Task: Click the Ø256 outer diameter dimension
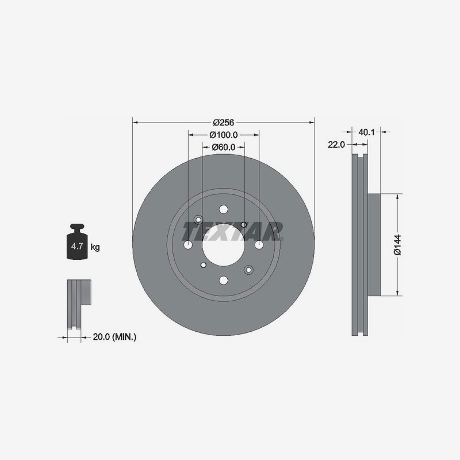pyautogui.click(x=223, y=122)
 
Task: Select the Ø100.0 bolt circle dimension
pyautogui.click(x=223, y=135)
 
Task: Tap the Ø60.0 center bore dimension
pyautogui.click(x=223, y=147)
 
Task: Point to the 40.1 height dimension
pyautogui.click(x=366, y=132)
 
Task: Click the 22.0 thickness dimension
pyautogui.click(x=336, y=145)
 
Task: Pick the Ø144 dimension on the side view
pyautogui.click(x=397, y=245)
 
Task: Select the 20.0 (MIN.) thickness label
pyautogui.click(x=114, y=337)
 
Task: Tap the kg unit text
pyautogui.click(x=95, y=247)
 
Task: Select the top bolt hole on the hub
pyautogui.click(x=223, y=210)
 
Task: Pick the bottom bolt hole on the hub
pyautogui.click(x=223, y=281)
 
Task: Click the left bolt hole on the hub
pyautogui.click(x=188, y=245)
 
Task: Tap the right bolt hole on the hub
pyautogui.click(x=259, y=245)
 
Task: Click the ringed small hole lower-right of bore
pyautogui.click(x=248, y=270)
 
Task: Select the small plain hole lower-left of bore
pyautogui.click(x=203, y=265)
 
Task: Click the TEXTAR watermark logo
pyautogui.click(x=232, y=231)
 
